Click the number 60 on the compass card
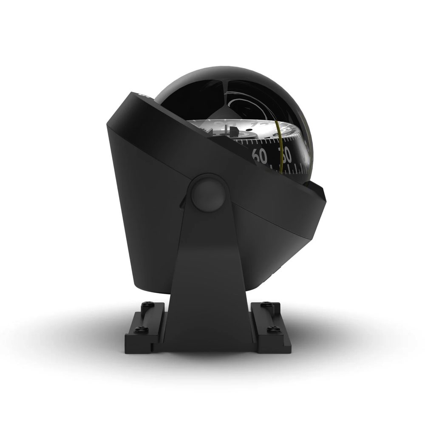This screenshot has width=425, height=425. pos(260,156)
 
